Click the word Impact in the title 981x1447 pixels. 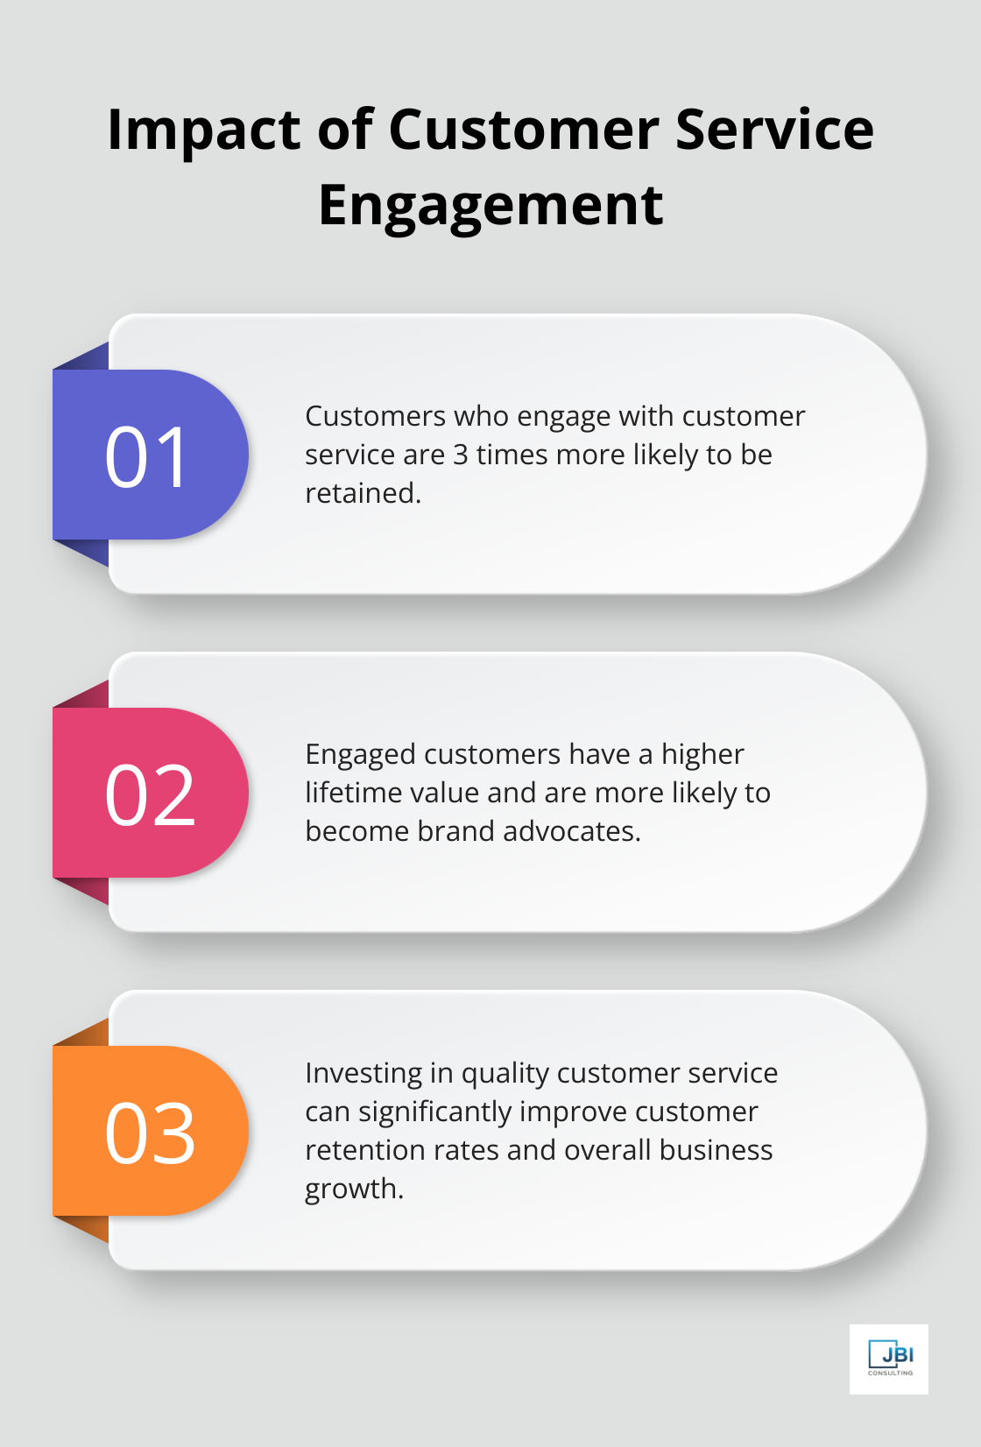(204, 131)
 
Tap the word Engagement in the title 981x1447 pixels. (490, 207)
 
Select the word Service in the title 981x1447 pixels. (774, 130)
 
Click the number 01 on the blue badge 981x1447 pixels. (146, 456)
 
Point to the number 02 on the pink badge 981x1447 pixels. (150, 794)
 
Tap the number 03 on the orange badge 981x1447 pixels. (150, 1133)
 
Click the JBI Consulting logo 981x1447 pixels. (889, 1359)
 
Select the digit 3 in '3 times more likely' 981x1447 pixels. (461, 455)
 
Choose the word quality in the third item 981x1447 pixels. (505, 1074)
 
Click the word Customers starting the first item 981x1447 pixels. (375, 416)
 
